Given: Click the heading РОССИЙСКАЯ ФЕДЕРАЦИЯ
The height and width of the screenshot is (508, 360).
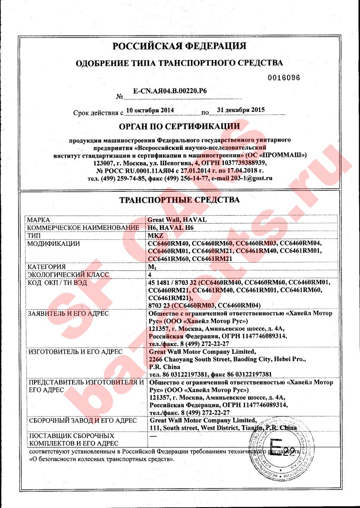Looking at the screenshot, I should [179, 46].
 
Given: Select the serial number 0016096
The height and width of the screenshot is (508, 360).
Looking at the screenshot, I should [284, 78].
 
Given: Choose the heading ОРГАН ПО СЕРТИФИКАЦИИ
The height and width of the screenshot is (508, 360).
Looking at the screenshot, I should [179, 126].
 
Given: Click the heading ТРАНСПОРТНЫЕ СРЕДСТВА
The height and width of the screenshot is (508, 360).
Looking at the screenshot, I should [179, 200].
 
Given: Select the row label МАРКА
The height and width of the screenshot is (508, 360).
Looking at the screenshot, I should [38, 220].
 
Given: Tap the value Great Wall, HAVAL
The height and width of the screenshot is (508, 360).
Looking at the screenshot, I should [177, 220].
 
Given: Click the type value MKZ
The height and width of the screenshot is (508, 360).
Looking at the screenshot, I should [155, 235].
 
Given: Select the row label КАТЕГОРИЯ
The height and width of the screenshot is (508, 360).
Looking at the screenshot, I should [46, 267].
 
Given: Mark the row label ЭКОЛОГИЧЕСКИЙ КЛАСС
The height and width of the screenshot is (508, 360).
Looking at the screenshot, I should [68, 274].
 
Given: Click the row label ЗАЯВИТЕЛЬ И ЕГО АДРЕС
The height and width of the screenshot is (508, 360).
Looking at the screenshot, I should [68, 313].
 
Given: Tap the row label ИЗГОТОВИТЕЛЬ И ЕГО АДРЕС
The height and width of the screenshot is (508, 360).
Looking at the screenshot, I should [75, 352].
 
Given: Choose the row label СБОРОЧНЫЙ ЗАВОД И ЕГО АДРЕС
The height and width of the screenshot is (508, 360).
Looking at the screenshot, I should [82, 420].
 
